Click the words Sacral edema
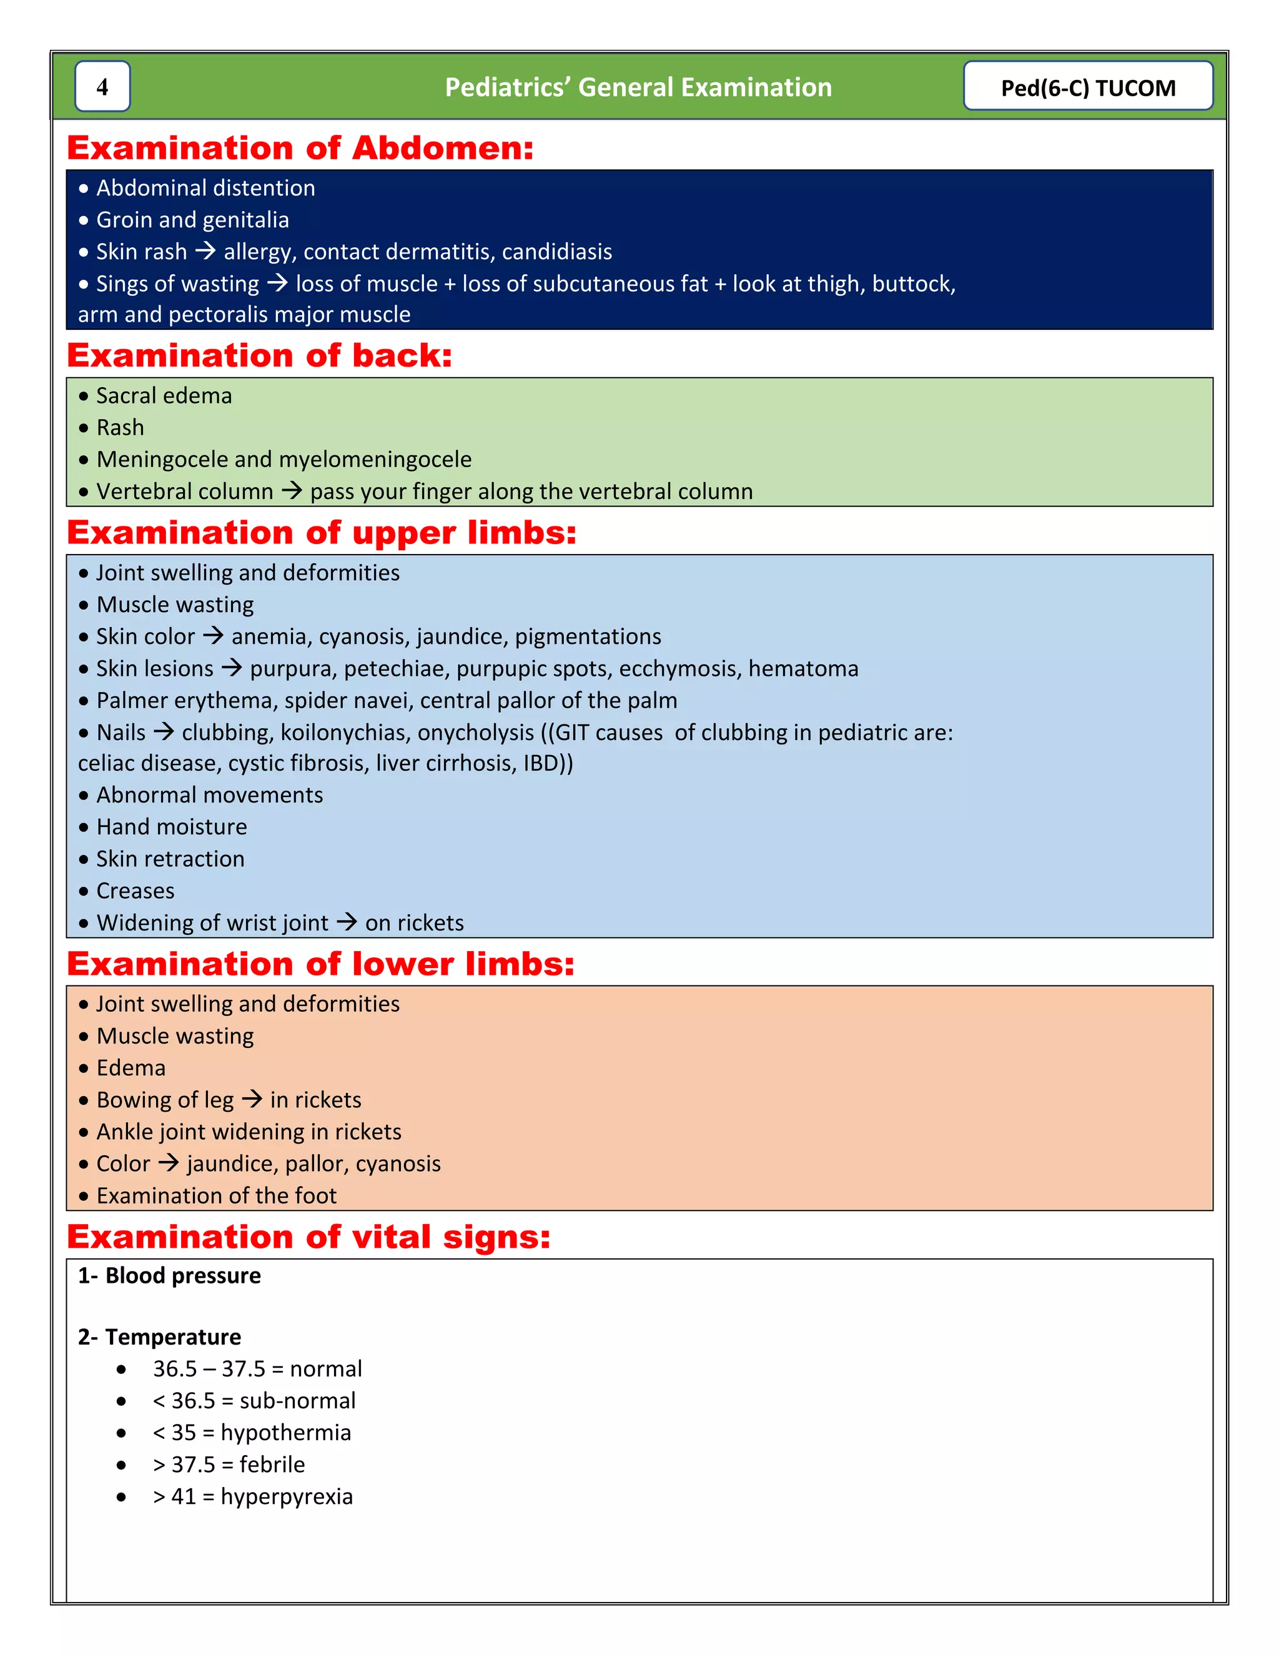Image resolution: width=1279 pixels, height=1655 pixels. click(x=164, y=395)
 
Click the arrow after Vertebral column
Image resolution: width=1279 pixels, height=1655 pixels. click(x=292, y=491)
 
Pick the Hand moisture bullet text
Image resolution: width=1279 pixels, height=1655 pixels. click(x=171, y=827)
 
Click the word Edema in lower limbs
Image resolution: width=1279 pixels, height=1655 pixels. click(x=131, y=1068)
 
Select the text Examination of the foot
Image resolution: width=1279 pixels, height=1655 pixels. click(x=216, y=1196)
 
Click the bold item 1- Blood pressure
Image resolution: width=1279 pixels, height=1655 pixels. click(x=169, y=1275)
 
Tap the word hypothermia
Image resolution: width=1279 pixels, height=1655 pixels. click(x=285, y=1432)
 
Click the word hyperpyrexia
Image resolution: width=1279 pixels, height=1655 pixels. click(x=287, y=1496)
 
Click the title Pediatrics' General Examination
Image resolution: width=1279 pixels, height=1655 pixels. click(x=638, y=87)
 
